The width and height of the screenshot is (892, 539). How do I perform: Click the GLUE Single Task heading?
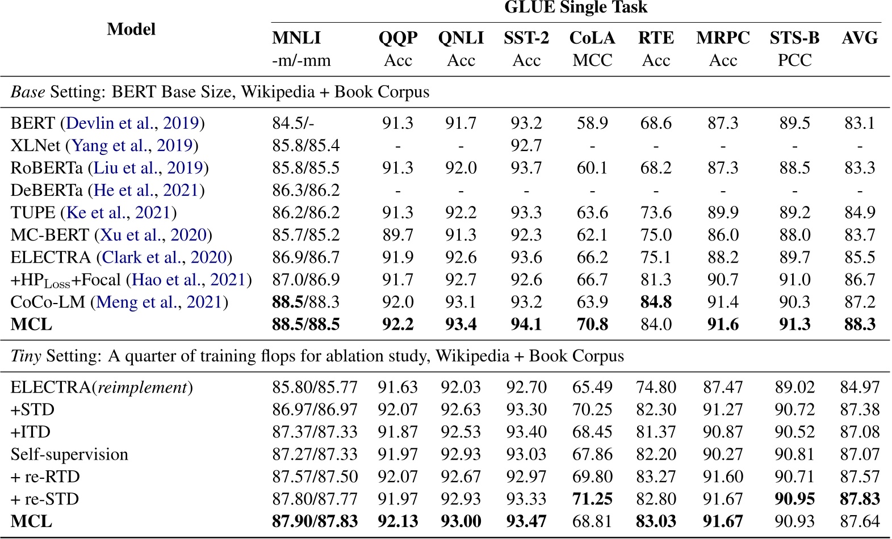point(576,7)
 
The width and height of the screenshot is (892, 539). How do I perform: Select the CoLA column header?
point(592,38)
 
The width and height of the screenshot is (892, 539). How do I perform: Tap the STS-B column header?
point(794,38)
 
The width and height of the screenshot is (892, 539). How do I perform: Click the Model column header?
point(131,29)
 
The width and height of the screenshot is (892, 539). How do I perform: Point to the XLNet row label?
point(35,146)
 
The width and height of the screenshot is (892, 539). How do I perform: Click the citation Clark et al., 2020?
point(164,258)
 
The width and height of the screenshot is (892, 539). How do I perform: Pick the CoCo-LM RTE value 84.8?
point(656,302)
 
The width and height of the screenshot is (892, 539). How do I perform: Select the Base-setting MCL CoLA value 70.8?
point(592,325)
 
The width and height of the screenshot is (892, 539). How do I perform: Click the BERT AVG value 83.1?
point(860,123)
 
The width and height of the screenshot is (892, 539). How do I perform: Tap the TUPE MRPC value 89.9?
point(723,213)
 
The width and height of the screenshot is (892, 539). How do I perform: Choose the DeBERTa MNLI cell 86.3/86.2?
point(305,190)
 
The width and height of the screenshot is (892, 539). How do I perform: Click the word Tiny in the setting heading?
point(26,356)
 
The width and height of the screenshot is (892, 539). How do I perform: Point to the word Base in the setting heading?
point(27,92)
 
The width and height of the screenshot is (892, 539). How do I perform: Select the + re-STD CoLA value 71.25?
point(592,499)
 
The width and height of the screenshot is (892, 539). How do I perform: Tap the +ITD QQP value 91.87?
point(397,432)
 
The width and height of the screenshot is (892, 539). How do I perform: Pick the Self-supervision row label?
point(69,454)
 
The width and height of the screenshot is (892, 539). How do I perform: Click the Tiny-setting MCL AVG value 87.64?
point(860,521)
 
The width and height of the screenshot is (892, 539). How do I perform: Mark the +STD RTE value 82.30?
point(656,410)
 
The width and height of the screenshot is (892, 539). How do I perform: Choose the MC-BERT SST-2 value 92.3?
point(526,235)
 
